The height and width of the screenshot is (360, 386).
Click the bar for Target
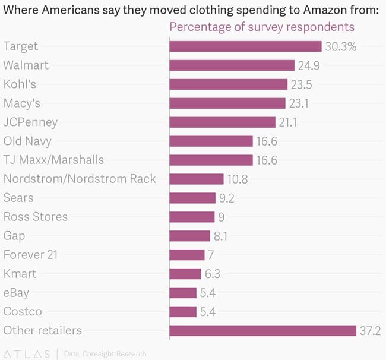(245, 46)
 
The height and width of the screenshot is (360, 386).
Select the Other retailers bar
(263, 330)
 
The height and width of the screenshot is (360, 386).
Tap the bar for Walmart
(232, 65)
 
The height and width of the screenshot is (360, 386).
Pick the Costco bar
(183, 311)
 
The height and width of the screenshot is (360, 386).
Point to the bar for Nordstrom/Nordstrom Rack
(197, 179)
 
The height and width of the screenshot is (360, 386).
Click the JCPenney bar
(223, 122)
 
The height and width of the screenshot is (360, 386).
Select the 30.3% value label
(341, 46)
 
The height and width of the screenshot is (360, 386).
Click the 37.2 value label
(370, 330)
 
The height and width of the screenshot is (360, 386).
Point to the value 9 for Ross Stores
(221, 217)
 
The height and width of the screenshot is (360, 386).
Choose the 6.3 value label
(213, 274)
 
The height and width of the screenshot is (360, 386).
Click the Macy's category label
(22, 103)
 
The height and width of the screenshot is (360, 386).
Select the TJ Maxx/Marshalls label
(53, 160)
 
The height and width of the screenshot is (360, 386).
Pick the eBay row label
(16, 293)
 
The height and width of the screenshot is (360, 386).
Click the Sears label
(18, 198)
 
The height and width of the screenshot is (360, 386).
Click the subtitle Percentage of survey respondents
(262, 27)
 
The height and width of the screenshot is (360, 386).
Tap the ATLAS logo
(27, 354)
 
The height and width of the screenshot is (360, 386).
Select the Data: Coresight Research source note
(105, 354)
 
